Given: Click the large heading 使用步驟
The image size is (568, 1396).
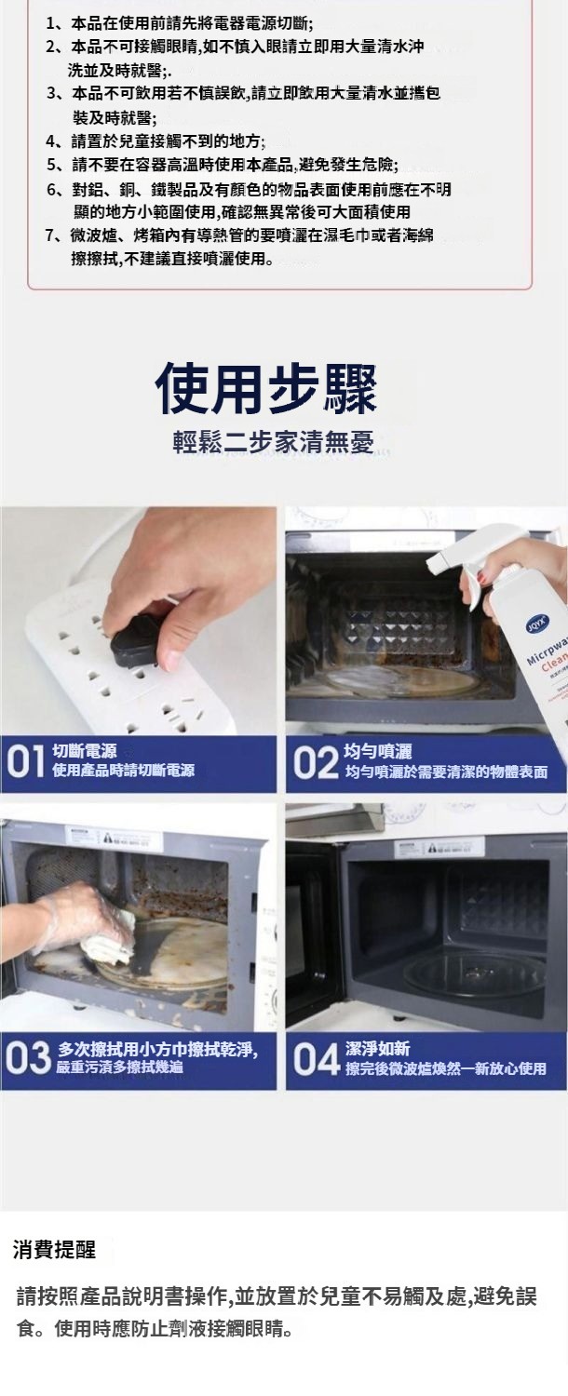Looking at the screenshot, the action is (x=265, y=389).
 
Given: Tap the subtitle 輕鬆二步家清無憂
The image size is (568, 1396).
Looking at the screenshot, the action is (x=273, y=441).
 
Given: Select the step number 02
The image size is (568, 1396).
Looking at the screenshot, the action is (x=316, y=763).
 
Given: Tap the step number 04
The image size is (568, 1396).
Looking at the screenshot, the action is (x=316, y=1059).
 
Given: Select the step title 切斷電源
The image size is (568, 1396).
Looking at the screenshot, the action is (x=84, y=751).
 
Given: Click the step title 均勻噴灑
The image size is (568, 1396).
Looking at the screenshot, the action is (x=378, y=752).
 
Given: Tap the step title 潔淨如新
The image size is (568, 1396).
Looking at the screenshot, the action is (x=377, y=1048).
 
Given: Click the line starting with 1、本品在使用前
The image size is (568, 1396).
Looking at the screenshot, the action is (x=180, y=25).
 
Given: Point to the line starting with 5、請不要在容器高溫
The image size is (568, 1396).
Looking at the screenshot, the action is (x=222, y=165).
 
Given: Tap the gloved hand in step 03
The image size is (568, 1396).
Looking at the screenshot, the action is (x=69, y=916).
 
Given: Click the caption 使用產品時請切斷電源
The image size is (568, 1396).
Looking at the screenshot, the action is (x=124, y=771).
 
